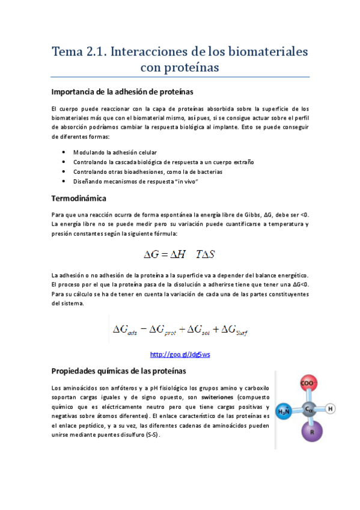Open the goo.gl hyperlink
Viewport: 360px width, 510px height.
180,354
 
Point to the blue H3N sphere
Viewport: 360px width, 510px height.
284,412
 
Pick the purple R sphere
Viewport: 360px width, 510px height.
312,432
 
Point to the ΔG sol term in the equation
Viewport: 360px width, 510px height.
198,330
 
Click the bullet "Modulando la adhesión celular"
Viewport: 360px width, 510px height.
115,153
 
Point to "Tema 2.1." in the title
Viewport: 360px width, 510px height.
80,51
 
